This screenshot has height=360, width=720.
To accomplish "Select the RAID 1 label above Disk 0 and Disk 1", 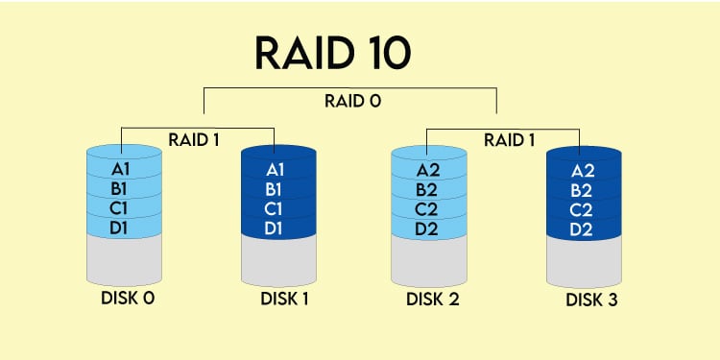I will (195, 139).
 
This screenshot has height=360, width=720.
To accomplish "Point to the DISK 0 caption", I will (128, 298).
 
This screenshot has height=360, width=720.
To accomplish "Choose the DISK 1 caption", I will (284, 299).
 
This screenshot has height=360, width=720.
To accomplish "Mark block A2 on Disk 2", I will (429, 170).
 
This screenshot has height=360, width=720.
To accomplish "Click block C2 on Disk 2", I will (429, 208).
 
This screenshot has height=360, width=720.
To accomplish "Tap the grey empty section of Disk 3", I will (585, 259).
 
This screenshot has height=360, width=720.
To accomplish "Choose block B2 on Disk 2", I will (429, 189).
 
